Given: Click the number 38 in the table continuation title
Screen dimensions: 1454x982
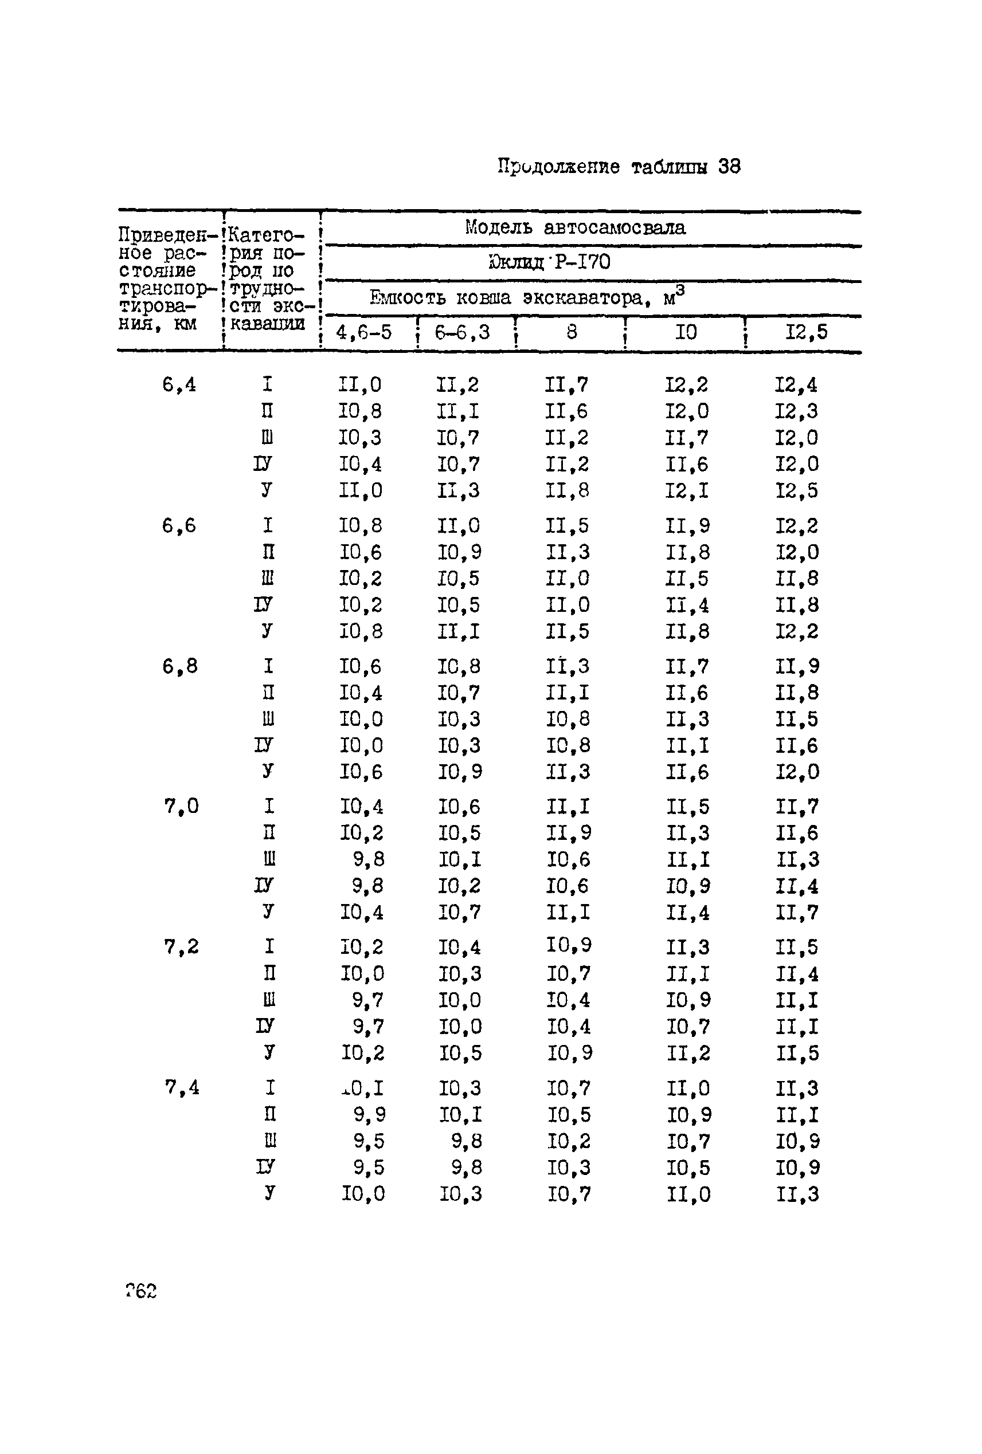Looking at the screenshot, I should (729, 166).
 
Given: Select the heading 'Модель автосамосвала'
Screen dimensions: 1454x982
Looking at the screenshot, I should (574, 227).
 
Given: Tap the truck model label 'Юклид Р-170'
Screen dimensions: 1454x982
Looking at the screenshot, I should (549, 261).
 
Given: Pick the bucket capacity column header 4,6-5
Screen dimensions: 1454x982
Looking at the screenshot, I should (363, 332).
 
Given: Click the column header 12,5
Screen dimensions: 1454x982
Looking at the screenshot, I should (806, 332).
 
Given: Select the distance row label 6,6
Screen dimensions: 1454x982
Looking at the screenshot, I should (179, 525).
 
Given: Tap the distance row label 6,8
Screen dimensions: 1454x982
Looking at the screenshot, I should (179, 666).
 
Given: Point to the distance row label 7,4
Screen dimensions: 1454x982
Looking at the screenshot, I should (182, 1088).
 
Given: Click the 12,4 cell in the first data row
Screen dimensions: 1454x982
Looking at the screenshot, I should (796, 385).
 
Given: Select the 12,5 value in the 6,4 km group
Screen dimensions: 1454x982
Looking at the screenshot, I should (796, 490).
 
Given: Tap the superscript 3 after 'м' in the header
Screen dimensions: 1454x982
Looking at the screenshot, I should (680, 290).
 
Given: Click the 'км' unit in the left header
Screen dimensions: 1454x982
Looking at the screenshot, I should (183, 324).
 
